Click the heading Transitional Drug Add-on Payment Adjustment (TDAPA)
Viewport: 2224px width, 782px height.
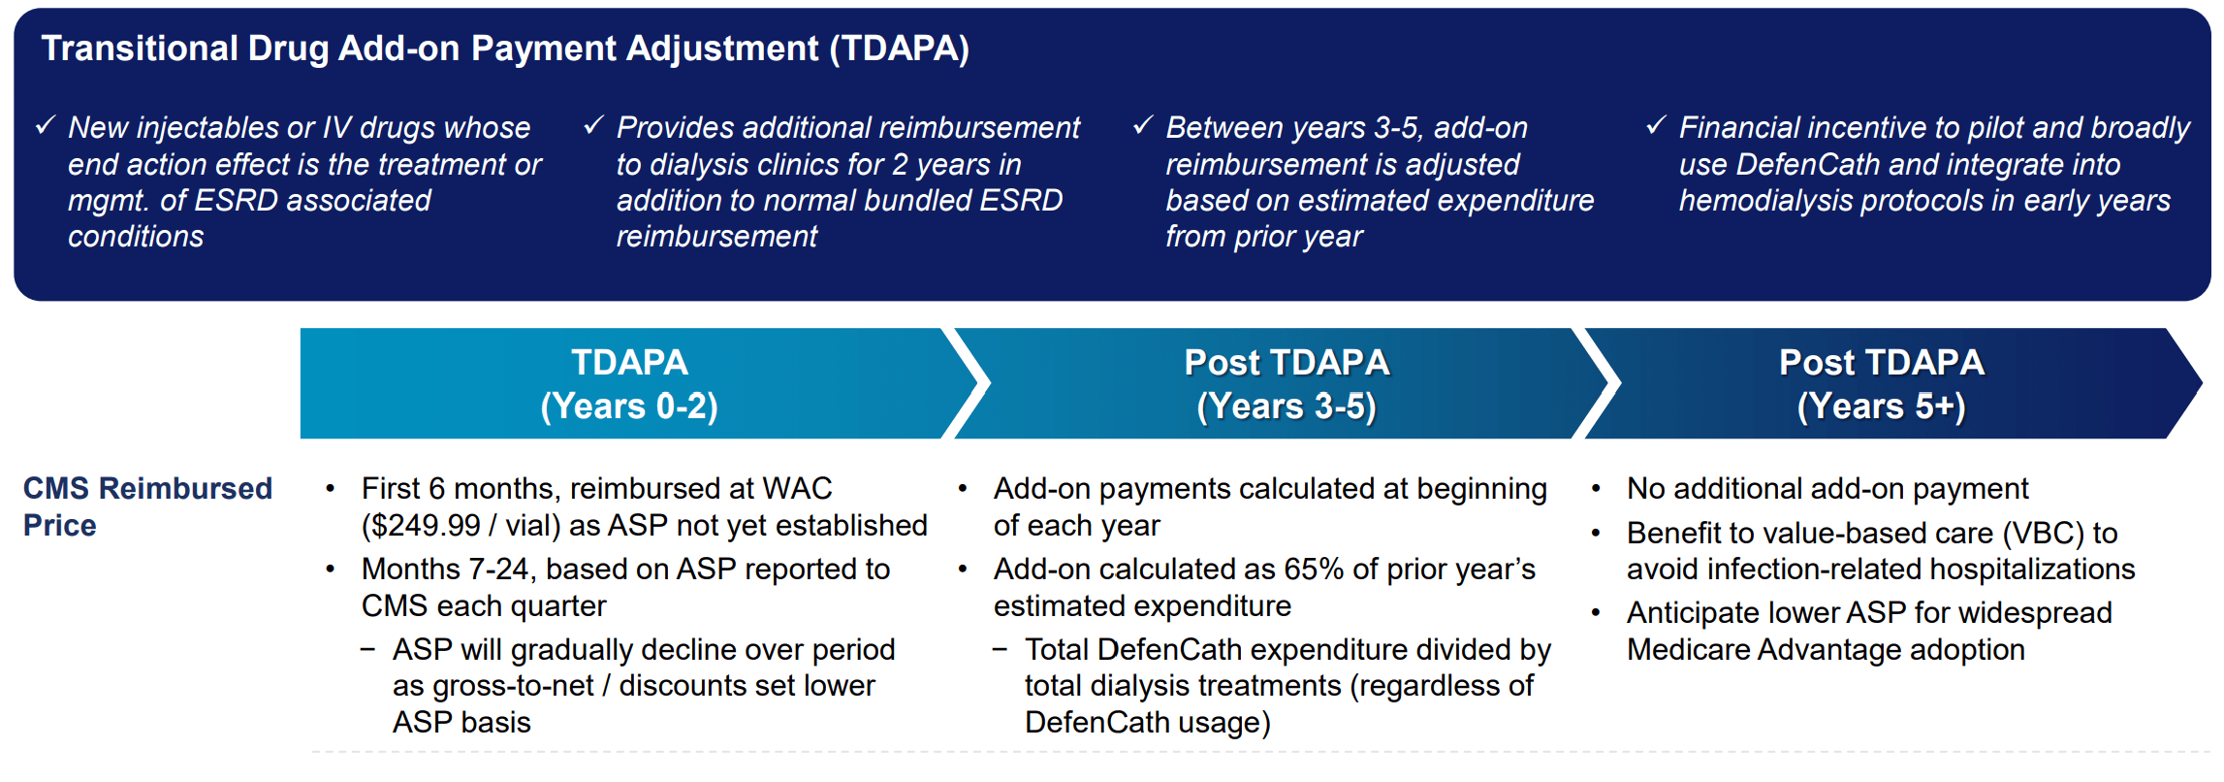pos(505,49)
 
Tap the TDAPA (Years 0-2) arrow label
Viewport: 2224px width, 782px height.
pos(629,384)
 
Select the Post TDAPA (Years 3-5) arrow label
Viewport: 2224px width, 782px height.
pos(1287,384)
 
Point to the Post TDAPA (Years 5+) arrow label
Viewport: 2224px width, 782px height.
pos(1881,384)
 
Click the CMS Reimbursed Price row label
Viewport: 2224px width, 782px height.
pos(147,506)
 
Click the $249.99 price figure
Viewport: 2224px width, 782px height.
pos(421,525)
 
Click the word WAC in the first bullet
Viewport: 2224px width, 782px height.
pos(797,488)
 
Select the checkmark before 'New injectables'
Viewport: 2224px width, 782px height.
pos(46,125)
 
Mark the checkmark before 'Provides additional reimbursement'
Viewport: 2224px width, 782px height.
pos(593,125)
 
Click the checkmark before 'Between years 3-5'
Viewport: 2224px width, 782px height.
pos(1143,125)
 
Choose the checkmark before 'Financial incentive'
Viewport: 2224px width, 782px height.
pos(1656,125)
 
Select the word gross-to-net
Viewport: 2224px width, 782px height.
pos(512,686)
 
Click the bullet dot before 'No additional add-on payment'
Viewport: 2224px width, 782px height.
pos(1595,489)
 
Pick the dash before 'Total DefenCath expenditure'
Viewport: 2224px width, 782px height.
pos(1000,649)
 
